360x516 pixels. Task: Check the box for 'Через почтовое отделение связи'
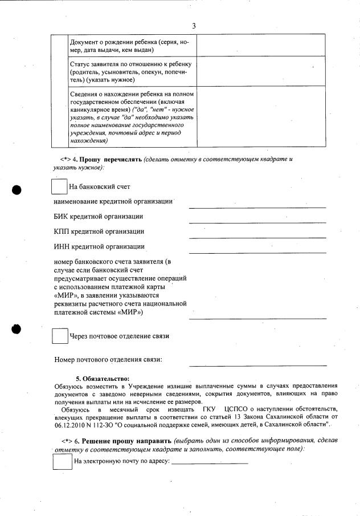(x=60, y=336)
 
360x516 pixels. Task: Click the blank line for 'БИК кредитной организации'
(x=257, y=221)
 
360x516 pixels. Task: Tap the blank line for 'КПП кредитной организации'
(x=257, y=237)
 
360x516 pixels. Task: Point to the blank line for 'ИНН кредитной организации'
(x=257, y=251)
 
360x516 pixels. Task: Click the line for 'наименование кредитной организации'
(x=257, y=206)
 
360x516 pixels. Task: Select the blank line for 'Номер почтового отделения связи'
(x=257, y=364)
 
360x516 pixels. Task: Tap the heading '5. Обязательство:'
(x=103, y=379)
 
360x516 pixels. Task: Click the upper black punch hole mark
(x=17, y=190)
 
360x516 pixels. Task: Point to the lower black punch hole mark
(x=17, y=329)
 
